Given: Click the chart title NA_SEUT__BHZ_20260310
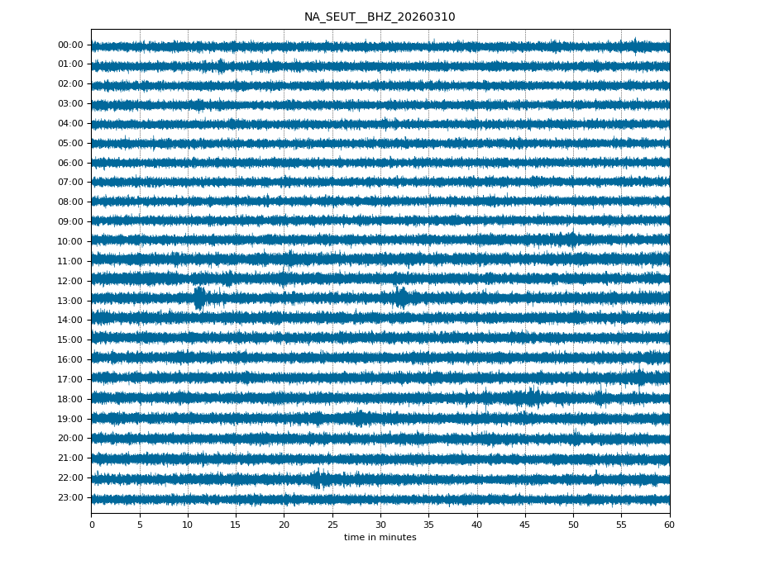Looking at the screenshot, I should [x=380, y=17].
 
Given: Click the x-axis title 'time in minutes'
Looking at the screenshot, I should [x=380, y=537].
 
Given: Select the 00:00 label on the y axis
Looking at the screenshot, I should [x=70, y=45].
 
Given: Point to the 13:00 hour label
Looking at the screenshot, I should [x=70, y=301].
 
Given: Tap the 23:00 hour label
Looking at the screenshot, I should [x=70, y=497].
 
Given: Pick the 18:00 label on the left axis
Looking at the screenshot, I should [x=70, y=399].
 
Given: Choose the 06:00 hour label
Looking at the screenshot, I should [x=70, y=163].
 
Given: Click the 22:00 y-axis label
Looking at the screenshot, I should [x=70, y=477].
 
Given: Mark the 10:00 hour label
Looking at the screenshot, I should [x=70, y=241].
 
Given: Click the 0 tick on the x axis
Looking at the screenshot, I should [x=91, y=525].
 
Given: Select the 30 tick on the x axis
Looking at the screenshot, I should [x=380, y=525].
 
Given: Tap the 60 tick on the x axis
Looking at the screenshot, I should [x=669, y=525].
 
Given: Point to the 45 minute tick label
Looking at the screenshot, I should [x=525, y=525].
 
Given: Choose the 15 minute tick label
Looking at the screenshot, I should [x=236, y=525].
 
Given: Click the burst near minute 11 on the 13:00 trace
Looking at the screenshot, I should [x=199, y=297].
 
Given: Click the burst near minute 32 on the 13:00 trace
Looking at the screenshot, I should [x=401, y=297].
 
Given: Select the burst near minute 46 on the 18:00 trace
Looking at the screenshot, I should [x=532, y=398].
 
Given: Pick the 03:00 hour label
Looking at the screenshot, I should [x=70, y=103].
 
